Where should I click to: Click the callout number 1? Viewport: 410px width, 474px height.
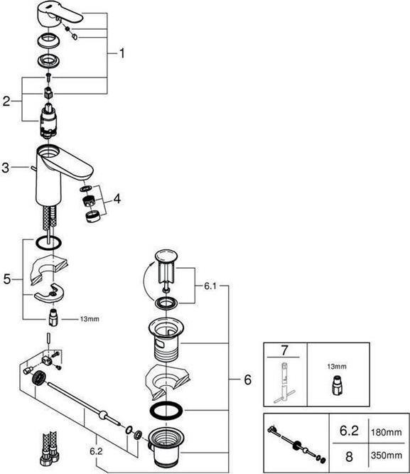[122, 53]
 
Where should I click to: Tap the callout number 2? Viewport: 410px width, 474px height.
[6, 101]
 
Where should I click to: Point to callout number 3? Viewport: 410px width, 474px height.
[6, 168]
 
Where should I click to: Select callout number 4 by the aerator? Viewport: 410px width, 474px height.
[117, 198]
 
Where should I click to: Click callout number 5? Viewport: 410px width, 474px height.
[6, 279]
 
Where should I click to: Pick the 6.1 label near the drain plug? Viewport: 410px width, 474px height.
[210, 286]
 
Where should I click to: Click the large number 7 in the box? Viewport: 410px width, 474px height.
[284, 350]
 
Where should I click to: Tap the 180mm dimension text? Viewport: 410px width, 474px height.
[387, 432]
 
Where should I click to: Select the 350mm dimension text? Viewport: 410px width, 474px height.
[387, 456]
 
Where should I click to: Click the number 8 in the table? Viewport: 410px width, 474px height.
[349, 456]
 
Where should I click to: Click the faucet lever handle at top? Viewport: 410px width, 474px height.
[60, 14]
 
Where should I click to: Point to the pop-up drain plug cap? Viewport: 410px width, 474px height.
[166, 256]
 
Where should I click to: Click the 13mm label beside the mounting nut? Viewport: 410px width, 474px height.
[90, 319]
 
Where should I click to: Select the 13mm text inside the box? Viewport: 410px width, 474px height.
[337, 367]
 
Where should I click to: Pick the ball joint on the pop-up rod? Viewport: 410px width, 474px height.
[104, 414]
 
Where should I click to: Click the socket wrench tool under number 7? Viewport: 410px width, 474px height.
[284, 382]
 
